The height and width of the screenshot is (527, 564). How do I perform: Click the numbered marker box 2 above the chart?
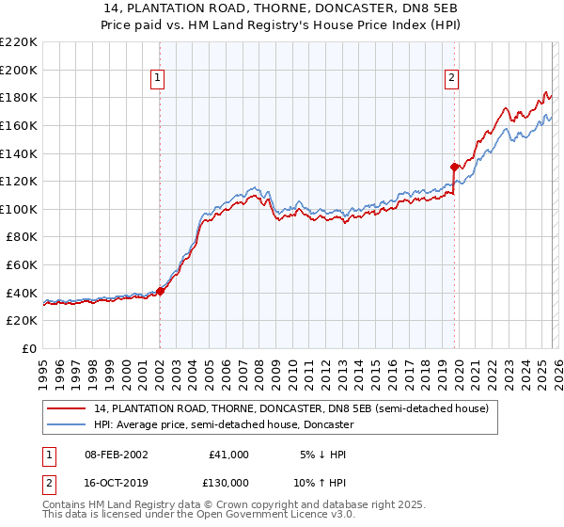[452, 78]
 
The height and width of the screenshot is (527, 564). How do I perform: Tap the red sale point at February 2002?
[160, 291]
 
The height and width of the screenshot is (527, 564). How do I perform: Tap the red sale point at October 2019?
[454, 167]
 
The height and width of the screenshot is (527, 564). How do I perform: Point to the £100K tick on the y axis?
[19, 209]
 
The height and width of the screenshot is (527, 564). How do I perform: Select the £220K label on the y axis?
[19, 41]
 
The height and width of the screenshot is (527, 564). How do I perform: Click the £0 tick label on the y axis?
[28, 349]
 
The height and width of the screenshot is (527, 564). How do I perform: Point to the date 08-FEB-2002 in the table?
[109, 455]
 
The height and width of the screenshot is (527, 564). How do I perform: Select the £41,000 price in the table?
[228, 455]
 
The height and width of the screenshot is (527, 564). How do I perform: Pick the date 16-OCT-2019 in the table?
[109, 483]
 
